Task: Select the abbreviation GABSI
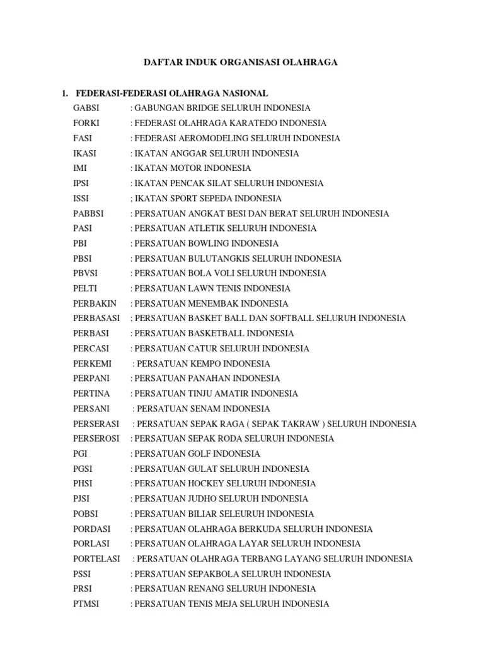tap(86, 109)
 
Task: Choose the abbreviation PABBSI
tap(88, 213)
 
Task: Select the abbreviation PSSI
tap(83, 574)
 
